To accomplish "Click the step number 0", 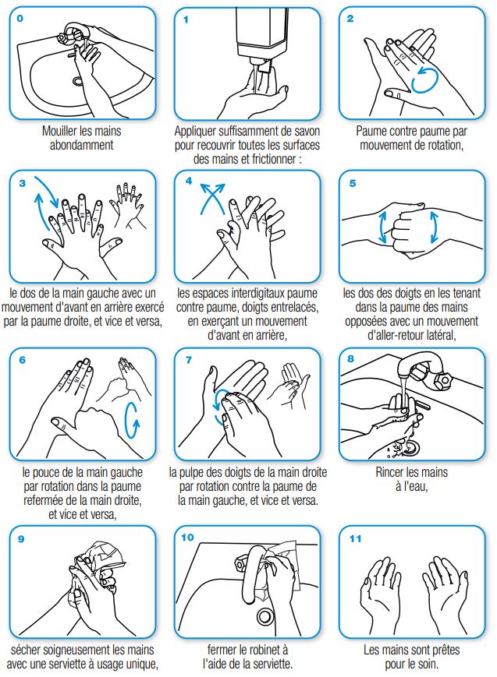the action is pos(20,19).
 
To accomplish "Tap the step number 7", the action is pos(189,359).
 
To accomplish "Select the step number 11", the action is pos(355,538).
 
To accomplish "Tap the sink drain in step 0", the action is pos(78,81).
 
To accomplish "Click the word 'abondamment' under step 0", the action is pos(81,145).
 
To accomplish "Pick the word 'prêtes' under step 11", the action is pos(444,650).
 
